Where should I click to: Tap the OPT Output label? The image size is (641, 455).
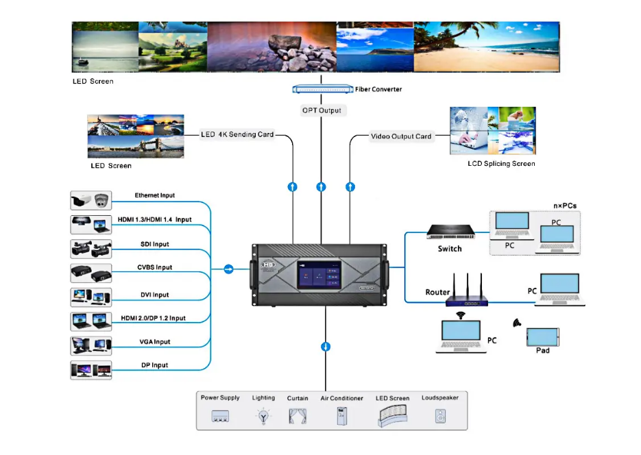(x=321, y=110)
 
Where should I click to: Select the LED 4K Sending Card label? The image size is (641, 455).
(x=237, y=134)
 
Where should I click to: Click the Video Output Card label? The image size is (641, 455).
(x=401, y=136)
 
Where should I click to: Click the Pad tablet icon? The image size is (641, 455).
(x=542, y=336)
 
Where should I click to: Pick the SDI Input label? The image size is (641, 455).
(x=150, y=244)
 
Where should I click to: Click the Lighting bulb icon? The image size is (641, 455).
(x=262, y=416)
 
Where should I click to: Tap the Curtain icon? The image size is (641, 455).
(x=298, y=415)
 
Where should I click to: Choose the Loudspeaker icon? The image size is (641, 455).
(x=441, y=416)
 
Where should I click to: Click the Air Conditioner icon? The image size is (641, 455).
(x=341, y=415)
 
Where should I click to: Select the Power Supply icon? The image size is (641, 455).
(x=220, y=416)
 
